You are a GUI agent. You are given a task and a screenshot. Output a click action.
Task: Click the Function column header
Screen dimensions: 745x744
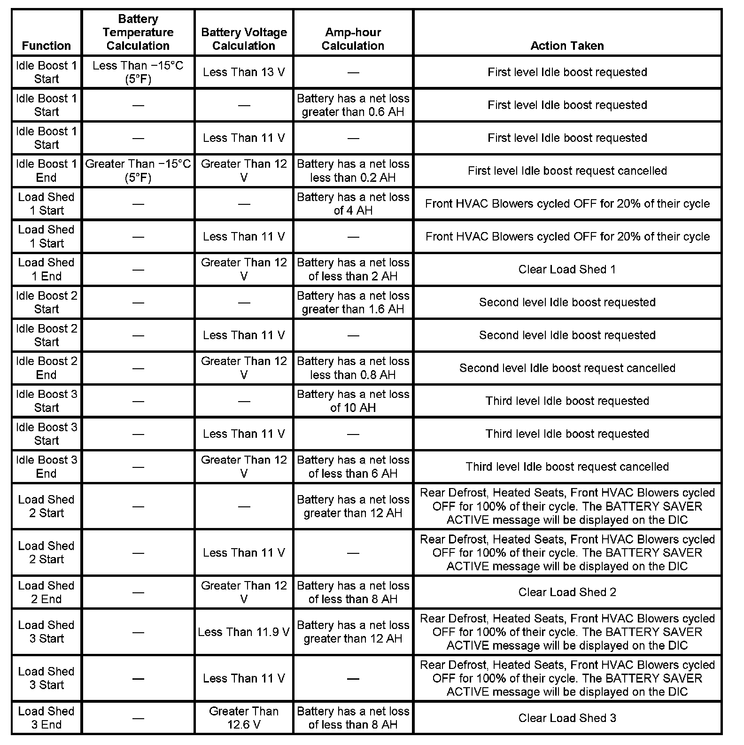coord(46,46)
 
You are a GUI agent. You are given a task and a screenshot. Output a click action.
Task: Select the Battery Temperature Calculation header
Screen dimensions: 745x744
coord(138,32)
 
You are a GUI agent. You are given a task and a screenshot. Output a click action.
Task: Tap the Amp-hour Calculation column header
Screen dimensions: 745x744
coord(353,39)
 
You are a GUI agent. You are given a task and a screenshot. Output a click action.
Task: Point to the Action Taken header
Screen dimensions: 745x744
coord(567,46)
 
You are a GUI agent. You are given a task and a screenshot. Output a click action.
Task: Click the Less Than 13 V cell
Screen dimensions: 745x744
coord(244,72)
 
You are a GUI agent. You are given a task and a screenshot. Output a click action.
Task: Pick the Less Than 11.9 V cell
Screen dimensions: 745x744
coord(244,632)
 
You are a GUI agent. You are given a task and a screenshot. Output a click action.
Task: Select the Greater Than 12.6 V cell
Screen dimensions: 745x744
coord(244,718)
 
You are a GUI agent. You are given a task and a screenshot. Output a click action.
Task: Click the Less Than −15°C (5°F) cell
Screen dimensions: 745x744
coord(138,72)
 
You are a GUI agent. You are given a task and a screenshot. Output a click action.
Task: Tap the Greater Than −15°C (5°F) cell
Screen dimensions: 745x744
coord(138,171)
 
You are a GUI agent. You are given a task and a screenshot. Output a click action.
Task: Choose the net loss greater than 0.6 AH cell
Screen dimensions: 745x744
coord(353,105)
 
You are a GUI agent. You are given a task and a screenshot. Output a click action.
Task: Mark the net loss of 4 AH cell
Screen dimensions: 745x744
coord(353,203)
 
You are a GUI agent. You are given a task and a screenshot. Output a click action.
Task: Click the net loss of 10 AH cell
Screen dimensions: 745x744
coord(353,401)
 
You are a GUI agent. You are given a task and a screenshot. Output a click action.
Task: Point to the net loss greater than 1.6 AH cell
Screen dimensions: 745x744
coord(353,302)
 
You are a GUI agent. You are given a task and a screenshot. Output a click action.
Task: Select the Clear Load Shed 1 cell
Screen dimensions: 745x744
coord(567,269)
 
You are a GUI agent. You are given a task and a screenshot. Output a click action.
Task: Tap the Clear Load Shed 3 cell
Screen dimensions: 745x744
coord(567,718)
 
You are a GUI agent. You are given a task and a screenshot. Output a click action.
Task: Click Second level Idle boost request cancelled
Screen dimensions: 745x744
coord(567,368)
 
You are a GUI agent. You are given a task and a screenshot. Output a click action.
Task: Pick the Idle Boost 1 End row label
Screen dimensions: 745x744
coord(46,171)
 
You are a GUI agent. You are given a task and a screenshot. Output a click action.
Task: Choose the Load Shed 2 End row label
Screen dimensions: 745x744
coord(46,592)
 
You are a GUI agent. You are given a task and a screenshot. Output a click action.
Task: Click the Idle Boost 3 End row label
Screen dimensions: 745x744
coord(46,466)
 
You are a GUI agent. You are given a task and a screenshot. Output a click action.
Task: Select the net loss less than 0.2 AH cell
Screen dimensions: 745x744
coord(353,171)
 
